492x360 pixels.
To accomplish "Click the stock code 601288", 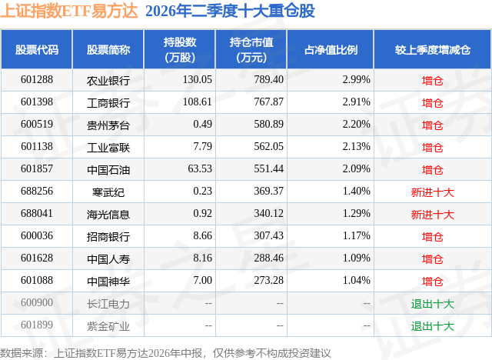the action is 37,80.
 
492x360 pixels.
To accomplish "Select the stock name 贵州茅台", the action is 108,125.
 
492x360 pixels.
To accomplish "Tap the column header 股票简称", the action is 108,49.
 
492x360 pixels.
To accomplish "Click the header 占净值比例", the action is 331,49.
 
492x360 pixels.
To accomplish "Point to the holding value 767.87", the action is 268,102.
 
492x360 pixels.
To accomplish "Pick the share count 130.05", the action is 198,80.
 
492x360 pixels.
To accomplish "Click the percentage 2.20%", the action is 357,125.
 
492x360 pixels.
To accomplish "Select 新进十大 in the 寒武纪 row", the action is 433,192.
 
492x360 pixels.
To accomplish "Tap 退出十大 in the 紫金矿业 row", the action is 433,326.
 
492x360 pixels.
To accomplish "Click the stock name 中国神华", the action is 108,282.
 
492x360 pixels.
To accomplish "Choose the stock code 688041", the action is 37,213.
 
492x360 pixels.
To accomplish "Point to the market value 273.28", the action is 268,280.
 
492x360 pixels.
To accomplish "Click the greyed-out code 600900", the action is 37,302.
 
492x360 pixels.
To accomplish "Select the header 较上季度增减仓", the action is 433,49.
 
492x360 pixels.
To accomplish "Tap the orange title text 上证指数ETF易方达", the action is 69,11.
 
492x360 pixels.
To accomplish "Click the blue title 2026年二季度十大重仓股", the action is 231,11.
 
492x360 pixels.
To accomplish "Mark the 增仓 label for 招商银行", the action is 433,237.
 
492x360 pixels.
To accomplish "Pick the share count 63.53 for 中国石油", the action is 200,169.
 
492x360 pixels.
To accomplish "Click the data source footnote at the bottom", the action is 165,353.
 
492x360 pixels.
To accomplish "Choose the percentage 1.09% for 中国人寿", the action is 357,258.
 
